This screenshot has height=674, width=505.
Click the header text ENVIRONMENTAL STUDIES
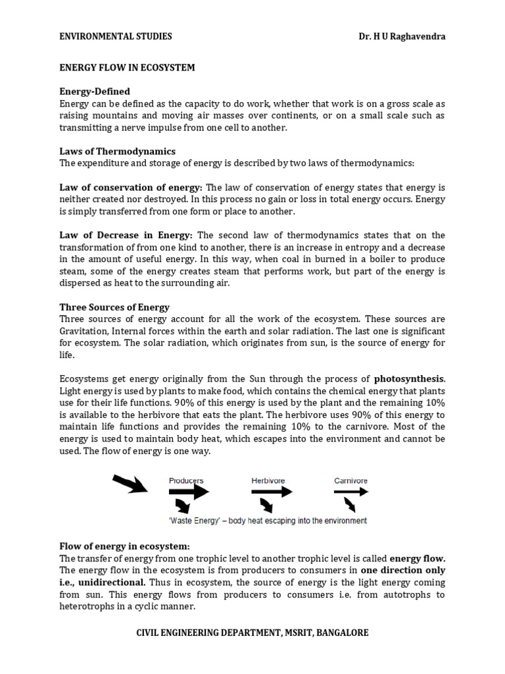point(116,36)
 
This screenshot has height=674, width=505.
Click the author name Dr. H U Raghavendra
point(398,36)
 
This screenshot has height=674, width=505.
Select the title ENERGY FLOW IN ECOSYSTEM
point(127,68)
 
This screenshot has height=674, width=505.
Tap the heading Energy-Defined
point(95,91)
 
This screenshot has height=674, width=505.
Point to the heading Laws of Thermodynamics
point(117,151)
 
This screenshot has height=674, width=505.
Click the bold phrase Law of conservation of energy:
point(132,188)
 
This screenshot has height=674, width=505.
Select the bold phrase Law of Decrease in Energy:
point(126,235)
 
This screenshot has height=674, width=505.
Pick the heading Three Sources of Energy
point(114,307)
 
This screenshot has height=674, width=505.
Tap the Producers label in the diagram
point(186,480)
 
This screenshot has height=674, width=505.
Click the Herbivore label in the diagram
point(268,480)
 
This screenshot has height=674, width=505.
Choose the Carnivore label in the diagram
point(350,480)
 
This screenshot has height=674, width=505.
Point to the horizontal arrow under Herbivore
point(270,492)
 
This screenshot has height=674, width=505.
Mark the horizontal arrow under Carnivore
point(350,492)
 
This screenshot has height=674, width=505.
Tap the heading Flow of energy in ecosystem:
point(124,546)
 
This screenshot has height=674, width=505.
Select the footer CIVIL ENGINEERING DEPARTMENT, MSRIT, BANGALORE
point(252,633)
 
